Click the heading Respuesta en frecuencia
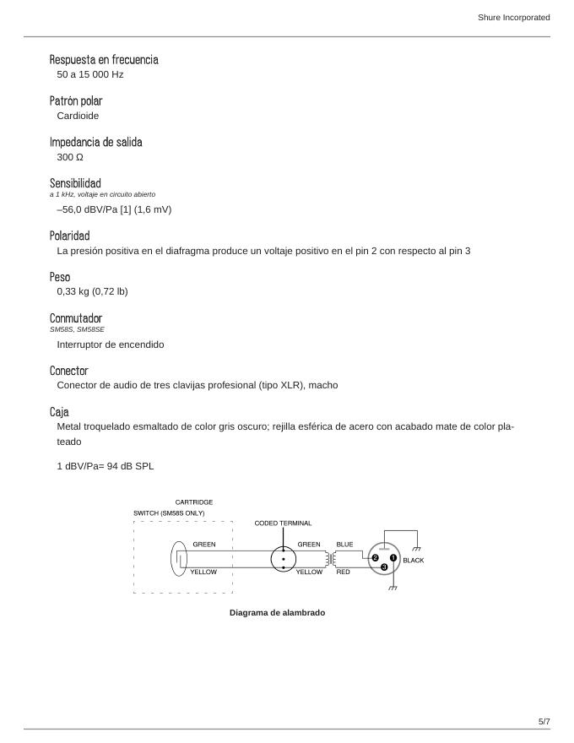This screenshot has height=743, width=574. (104, 60)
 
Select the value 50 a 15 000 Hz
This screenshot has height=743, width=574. (90, 74)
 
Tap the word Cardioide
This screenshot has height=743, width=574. (78, 116)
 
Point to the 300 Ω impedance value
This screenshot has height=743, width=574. (70, 157)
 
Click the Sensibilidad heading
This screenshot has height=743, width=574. (75, 183)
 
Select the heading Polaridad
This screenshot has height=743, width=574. (69, 236)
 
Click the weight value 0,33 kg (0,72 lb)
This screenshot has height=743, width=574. (92, 291)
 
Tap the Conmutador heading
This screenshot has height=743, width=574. (76, 318)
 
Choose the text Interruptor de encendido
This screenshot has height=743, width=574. (111, 344)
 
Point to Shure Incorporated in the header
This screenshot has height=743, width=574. (513, 17)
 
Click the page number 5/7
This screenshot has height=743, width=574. (544, 721)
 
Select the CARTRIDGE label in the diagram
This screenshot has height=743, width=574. (194, 502)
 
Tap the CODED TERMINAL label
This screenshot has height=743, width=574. (283, 523)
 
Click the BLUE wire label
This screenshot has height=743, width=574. (344, 545)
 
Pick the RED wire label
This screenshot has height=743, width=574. (343, 572)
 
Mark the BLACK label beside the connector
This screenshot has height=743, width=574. (413, 561)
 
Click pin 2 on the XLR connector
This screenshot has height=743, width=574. (375, 557)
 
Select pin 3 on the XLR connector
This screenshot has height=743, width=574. (384, 567)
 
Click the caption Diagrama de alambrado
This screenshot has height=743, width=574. (277, 613)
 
